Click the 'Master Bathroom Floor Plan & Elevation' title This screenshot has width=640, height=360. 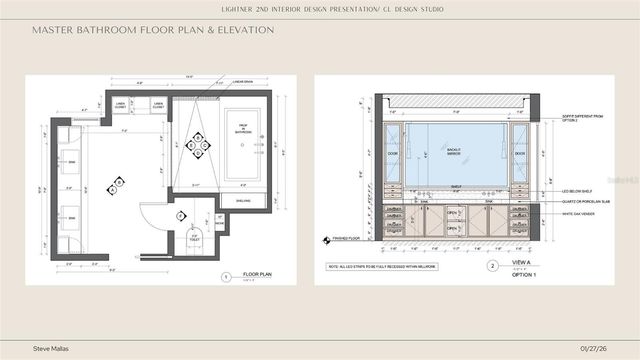tap(153, 30)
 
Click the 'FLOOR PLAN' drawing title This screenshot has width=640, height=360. tap(258, 273)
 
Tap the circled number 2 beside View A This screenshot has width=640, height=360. tap(492, 267)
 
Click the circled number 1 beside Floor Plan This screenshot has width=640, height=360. tap(226, 275)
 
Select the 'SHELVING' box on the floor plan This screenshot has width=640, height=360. tap(243, 199)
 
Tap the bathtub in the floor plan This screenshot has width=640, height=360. tap(244, 145)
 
